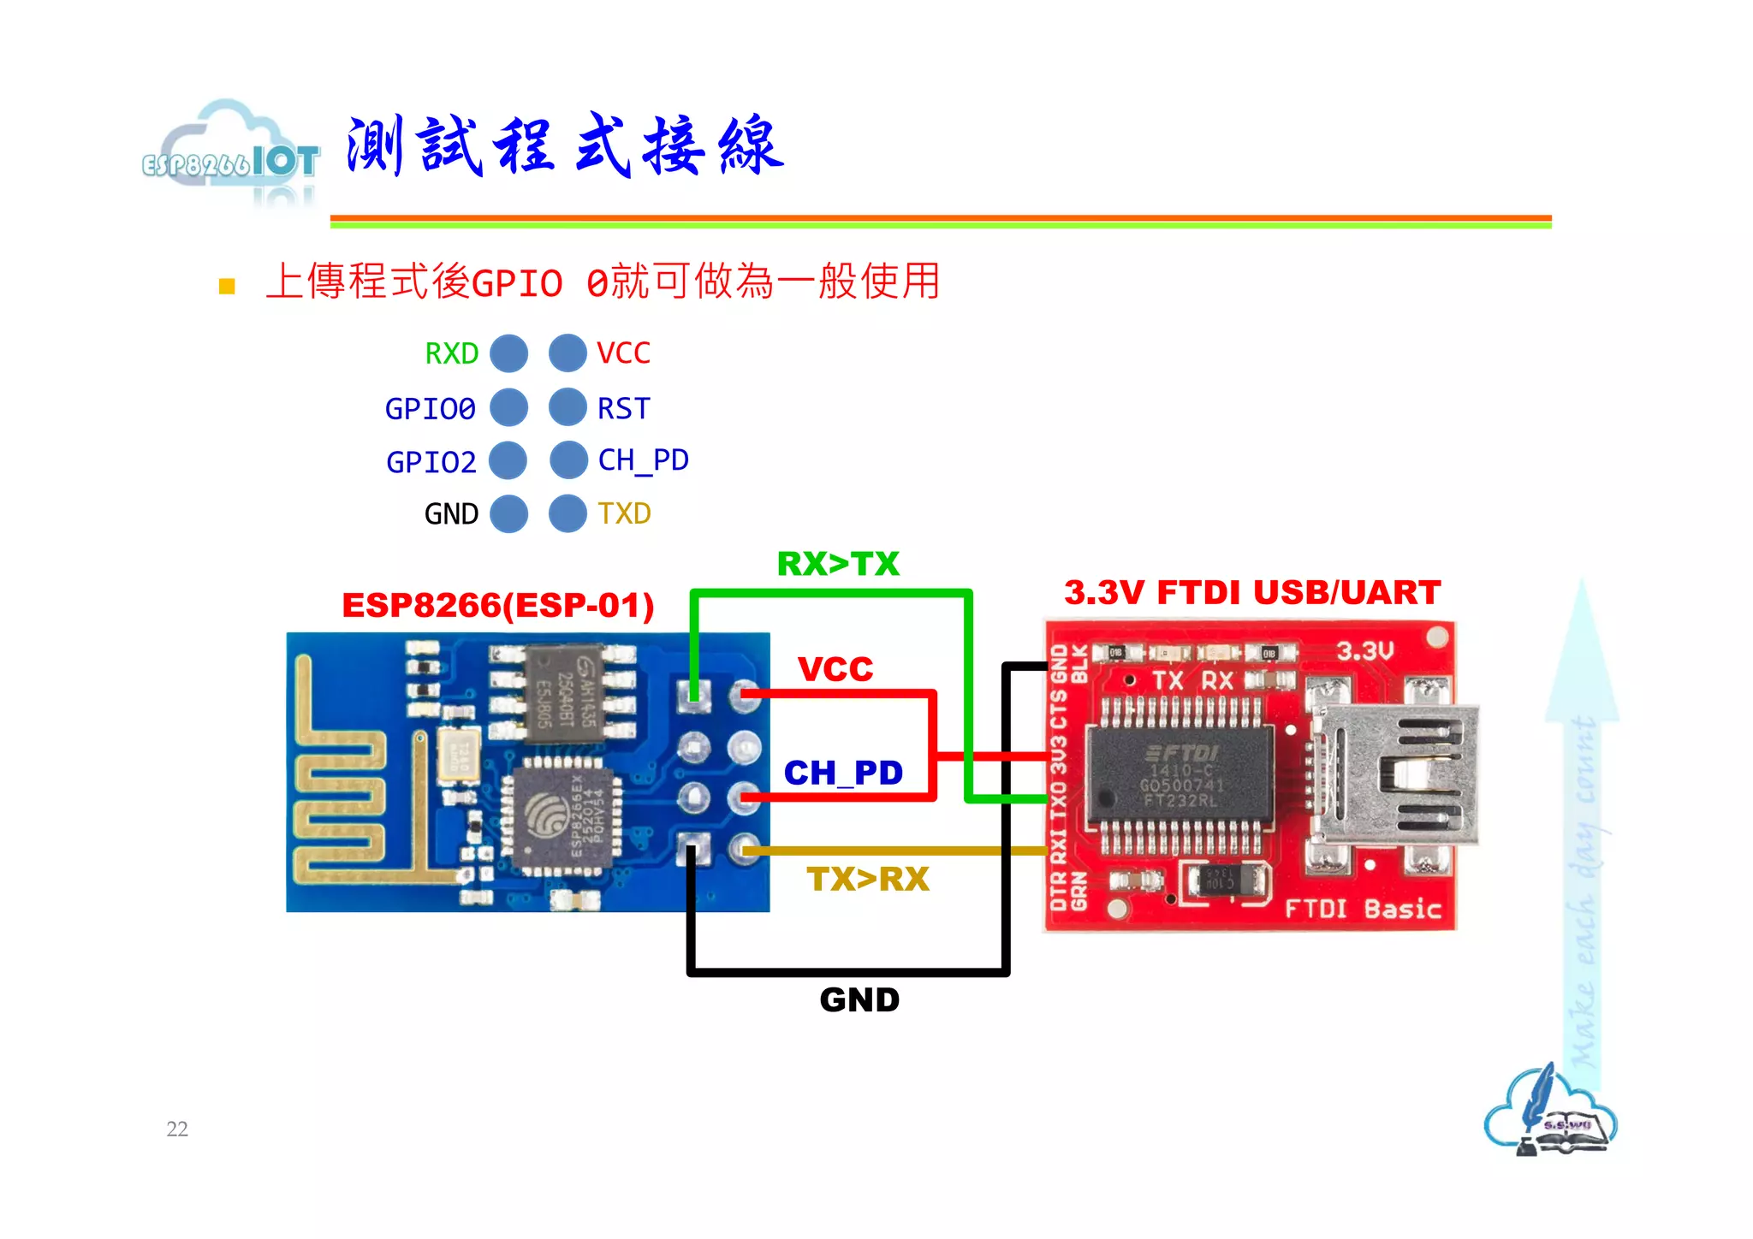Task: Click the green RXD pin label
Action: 451,353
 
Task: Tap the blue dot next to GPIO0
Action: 508,407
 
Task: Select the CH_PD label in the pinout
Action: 643,460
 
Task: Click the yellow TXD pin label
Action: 624,513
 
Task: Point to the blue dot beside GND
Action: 508,513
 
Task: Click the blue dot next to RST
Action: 567,407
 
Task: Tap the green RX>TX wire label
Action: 838,564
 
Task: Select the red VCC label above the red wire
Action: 835,669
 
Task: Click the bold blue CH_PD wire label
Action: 843,774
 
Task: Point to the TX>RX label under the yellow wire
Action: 867,880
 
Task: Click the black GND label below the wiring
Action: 859,1000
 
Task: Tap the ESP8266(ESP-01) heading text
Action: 498,606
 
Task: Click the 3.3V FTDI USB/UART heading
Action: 1251,592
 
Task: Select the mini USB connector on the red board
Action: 1395,774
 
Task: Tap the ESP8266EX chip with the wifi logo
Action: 562,815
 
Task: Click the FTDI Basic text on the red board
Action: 1363,909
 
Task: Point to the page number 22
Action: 177,1129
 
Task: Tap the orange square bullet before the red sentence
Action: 227,286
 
